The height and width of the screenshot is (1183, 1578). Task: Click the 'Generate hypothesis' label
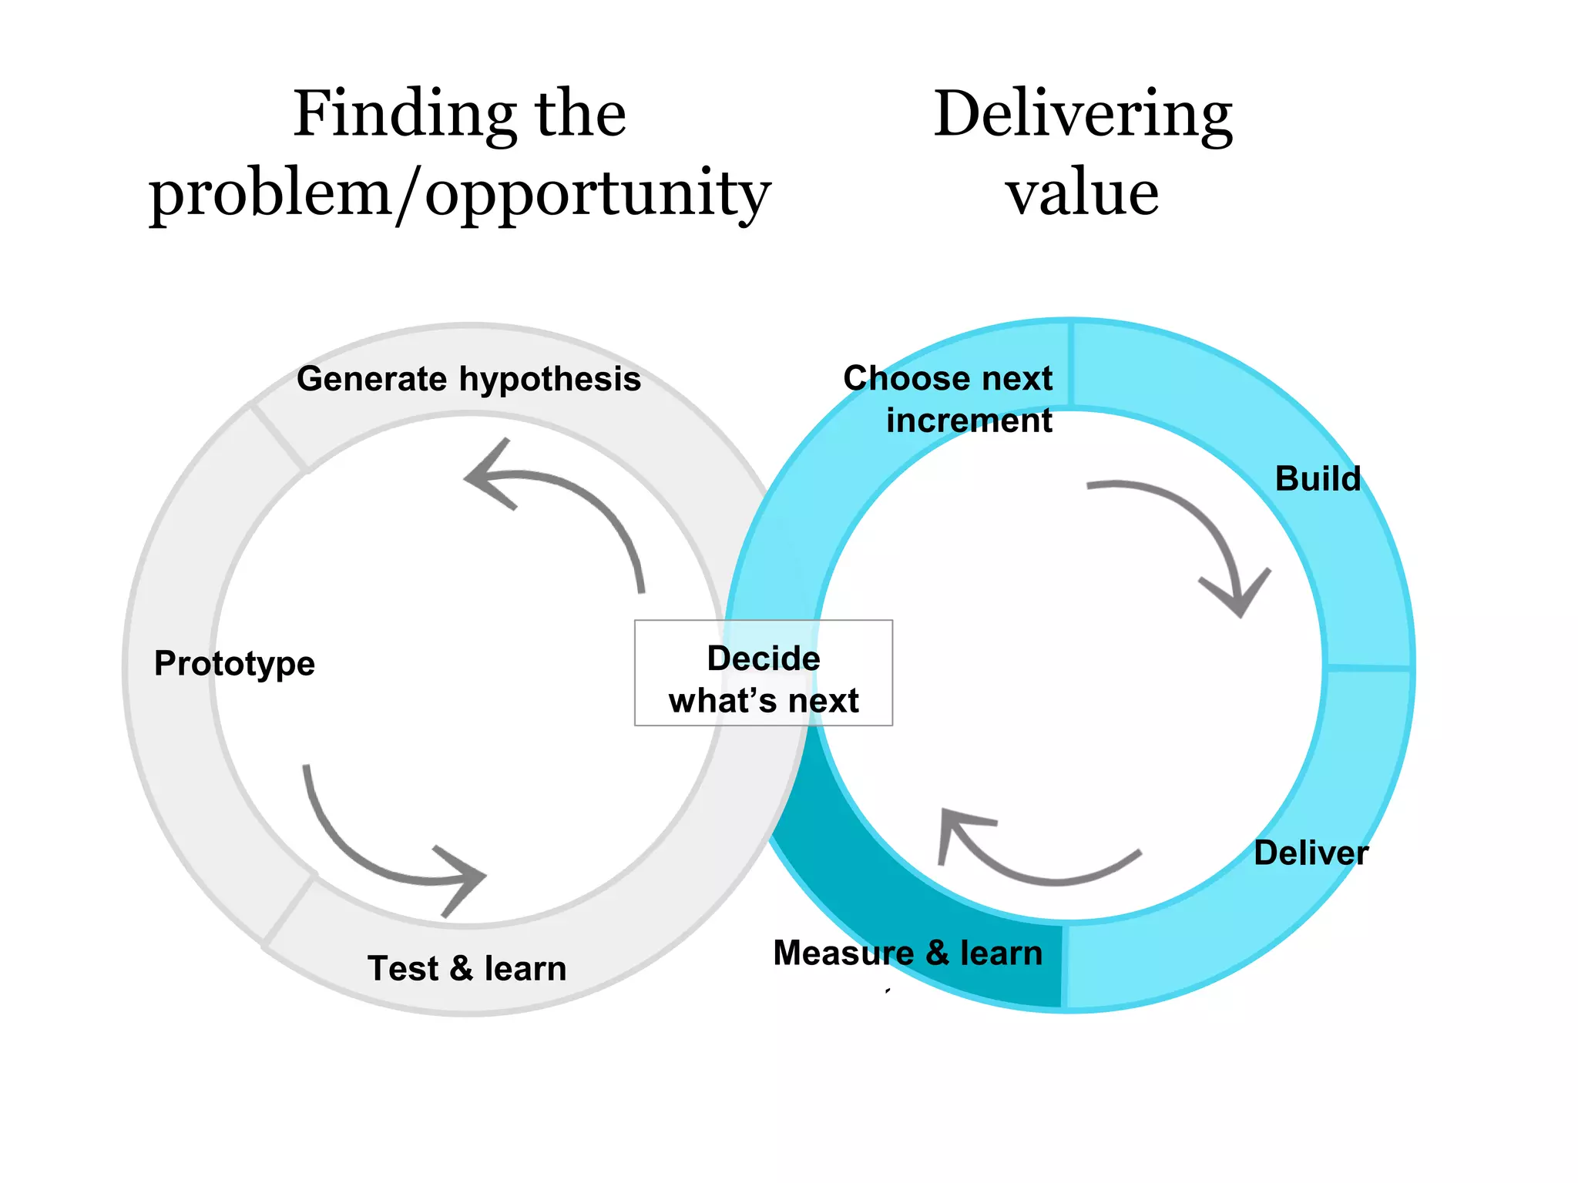pyautogui.click(x=468, y=379)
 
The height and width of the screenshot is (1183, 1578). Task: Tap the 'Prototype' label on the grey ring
pyautogui.click(x=234, y=664)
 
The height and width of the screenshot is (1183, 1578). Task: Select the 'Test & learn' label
pyautogui.click(x=467, y=968)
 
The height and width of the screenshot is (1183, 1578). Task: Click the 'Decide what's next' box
pyautogui.click(x=763, y=673)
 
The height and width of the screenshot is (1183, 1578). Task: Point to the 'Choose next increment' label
pyautogui.click(x=948, y=399)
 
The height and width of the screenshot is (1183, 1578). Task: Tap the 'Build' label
pyautogui.click(x=1318, y=479)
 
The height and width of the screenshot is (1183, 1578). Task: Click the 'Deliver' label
pyautogui.click(x=1311, y=853)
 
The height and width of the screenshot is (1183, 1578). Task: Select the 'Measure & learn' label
pyautogui.click(x=908, y=953)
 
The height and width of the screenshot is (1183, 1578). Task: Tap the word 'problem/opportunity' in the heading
pyautogui.click(x=459, y=194)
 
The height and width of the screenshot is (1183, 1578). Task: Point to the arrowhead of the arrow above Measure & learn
pyautogui.click(x=955, y=828)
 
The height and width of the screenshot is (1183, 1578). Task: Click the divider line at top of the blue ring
pyautogui.click(x=1071, y=364)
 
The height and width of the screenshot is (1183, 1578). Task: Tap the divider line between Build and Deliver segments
pyautogui.click(x=1368, y=667)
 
